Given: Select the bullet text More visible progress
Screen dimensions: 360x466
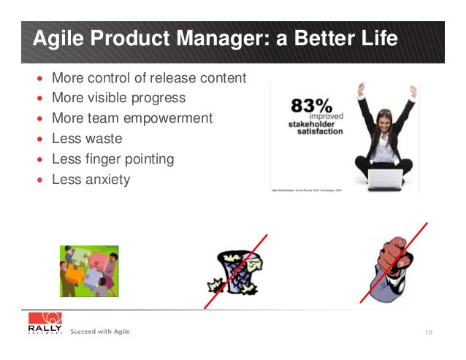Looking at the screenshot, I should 118,98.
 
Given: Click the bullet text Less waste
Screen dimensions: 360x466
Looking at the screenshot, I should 87,139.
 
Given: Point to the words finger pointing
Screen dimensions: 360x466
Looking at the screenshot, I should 129,159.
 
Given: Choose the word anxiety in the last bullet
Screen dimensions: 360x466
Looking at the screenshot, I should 105,180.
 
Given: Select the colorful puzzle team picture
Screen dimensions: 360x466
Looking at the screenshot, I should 89,271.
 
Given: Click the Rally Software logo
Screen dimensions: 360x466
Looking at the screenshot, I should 45,326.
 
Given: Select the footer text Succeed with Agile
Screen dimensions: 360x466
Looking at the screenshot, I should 100,332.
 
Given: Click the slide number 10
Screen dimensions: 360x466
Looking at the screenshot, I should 428,333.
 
